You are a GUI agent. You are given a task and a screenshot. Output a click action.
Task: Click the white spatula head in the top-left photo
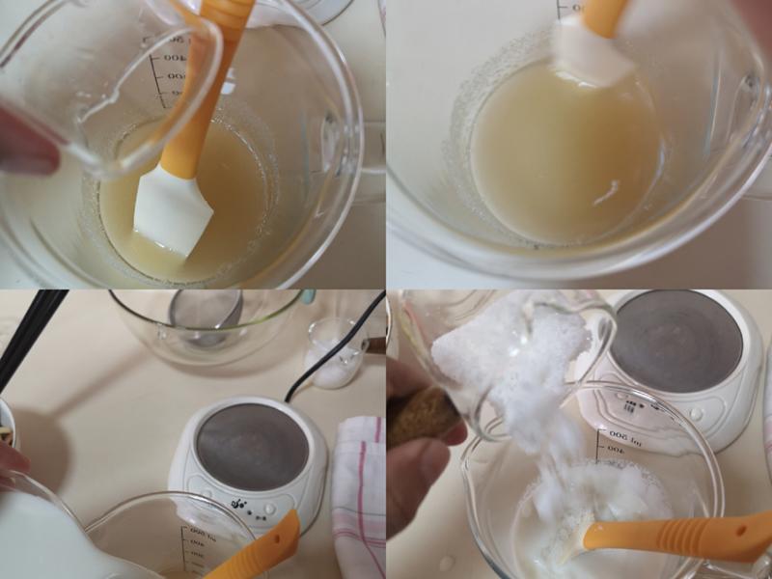(x=174, y=212)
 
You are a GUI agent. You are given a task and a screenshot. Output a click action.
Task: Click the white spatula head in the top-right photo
(x=591, y=53)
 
